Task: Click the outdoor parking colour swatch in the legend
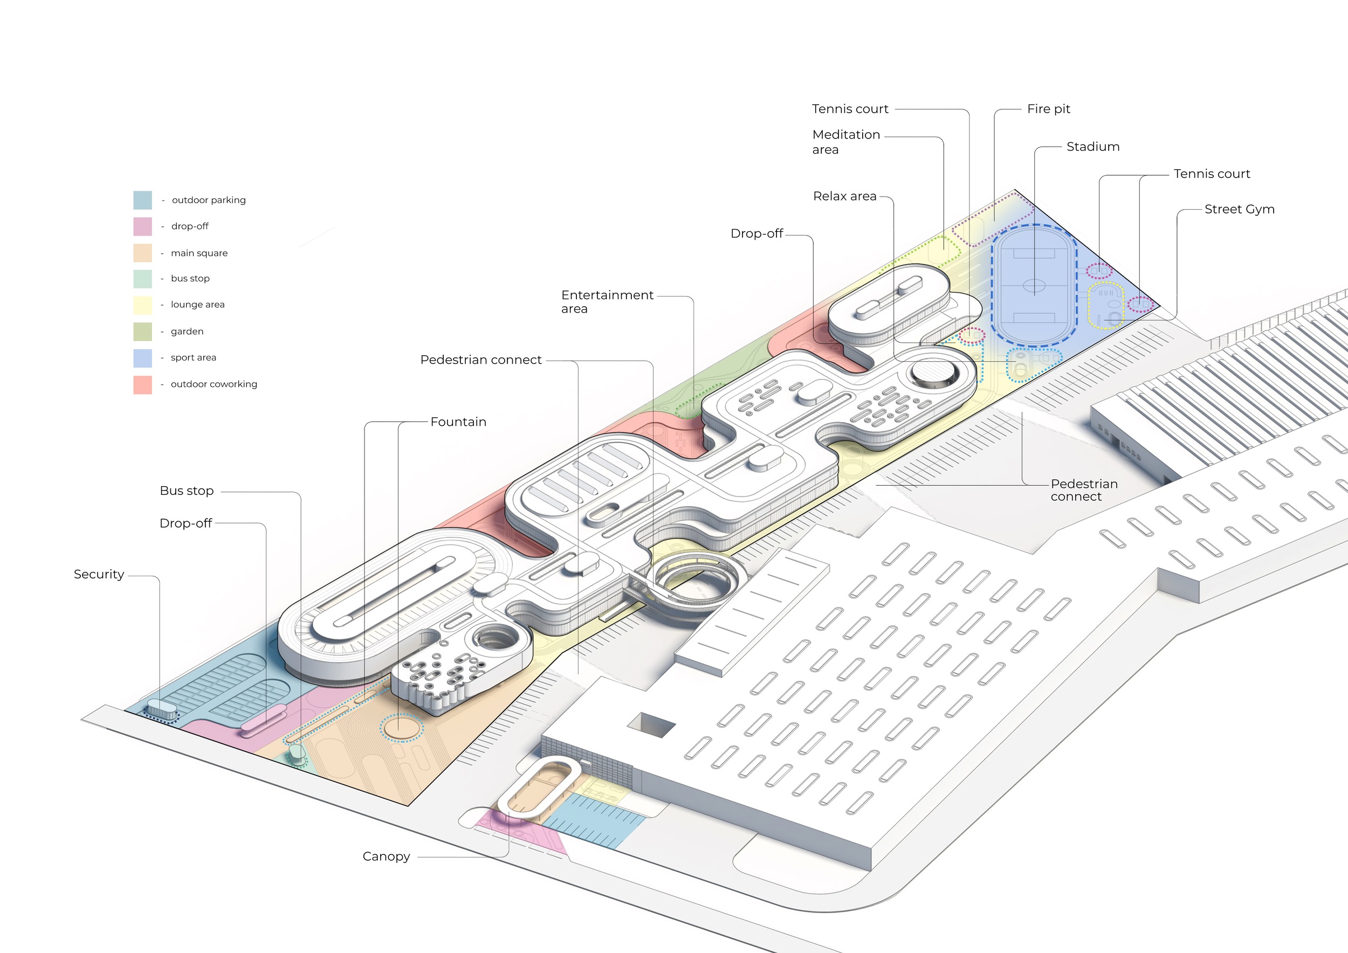click(x=143, y=200)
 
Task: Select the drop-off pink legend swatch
click(x=143, y=226)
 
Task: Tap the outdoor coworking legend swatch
click(x=143, y=384)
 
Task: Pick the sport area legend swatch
click(x=143, y=358)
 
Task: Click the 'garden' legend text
click(x=187, y=332)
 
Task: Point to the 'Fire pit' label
click(x=1048, y=109)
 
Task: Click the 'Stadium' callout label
click(x=1092, y=147)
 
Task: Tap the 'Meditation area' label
click(x=845, y=142)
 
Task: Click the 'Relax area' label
click(x=844, y=197)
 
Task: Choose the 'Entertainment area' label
click(x=607, y=302)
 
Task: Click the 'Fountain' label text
click(x=458, y=422)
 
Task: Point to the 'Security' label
click(x=99, y=575)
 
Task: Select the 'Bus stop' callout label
click(x=187, y=491)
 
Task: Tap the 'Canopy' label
click(x=386, y=857)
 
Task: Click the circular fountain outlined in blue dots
click(x=401, y=728)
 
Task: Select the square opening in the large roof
click(x=651, y=725)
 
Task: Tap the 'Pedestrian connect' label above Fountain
click(x=480, y=360)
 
